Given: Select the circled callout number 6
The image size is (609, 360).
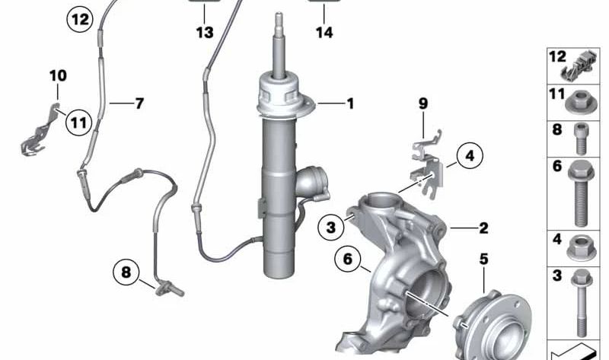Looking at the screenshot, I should (347, 260).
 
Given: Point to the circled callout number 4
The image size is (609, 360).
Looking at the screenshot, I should (470, 158).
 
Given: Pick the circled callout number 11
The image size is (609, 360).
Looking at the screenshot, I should (77, 120).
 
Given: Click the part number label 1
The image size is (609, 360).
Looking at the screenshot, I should (350, 103).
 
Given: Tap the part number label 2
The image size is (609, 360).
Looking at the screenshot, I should (483, 228).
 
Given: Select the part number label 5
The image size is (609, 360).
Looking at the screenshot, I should (483, 259).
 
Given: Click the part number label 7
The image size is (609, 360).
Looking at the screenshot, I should (139, 104).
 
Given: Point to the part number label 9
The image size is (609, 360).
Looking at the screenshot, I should (423, 104).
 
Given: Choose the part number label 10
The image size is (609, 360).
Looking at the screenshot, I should (58, 75).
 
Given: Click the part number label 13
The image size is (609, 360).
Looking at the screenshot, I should (204, 33).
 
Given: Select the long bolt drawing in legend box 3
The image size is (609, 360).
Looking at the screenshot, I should (582, 305).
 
